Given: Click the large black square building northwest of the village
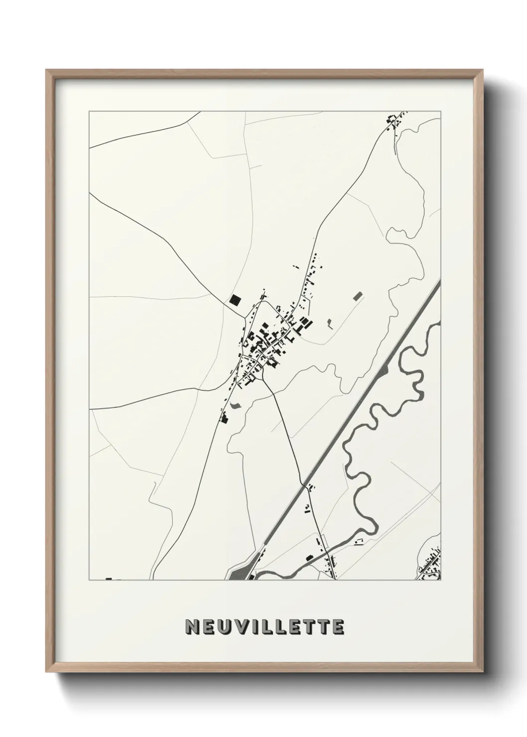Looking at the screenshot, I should tap(235, 299).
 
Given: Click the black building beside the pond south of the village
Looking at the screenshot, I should tap(225, 419).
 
